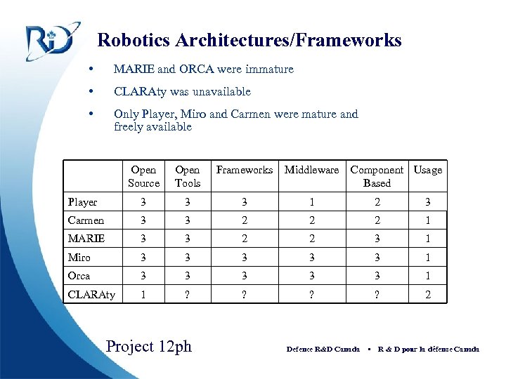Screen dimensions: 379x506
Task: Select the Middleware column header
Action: click(x=311, y=170)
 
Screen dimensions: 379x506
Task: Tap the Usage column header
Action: click(x=428, y=170)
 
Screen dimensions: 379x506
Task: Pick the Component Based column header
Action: click(x=377, y=176)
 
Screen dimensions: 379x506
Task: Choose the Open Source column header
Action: click(x=144, y=176)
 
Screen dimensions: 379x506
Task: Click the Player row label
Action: click(x=83, y=202)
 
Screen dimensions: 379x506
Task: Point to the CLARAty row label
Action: click(x=91, y=295)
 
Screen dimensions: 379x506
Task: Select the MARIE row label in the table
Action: click(x=86, y=239)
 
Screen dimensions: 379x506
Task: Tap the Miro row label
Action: click(x=79, y=258)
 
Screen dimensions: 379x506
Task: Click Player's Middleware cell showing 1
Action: click(x=311, y=202)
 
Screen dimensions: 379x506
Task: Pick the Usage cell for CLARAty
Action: click(x=428, y=295)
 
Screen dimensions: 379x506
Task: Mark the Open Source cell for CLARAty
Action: click(x=144, y=295)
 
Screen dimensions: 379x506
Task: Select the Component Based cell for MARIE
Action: click(x=377, y=239)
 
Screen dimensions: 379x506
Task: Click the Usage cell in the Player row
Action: click(x=428, y=202)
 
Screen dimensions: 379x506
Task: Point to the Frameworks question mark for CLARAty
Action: click(x=244, y=295)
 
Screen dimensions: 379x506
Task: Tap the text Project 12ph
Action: click(x=148, y=346)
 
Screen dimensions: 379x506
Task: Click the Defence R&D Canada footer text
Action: click(x=323, y=349)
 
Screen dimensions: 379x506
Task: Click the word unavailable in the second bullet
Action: click(x=219, y=91)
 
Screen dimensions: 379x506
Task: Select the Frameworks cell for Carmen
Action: click(x=244, y=220)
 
